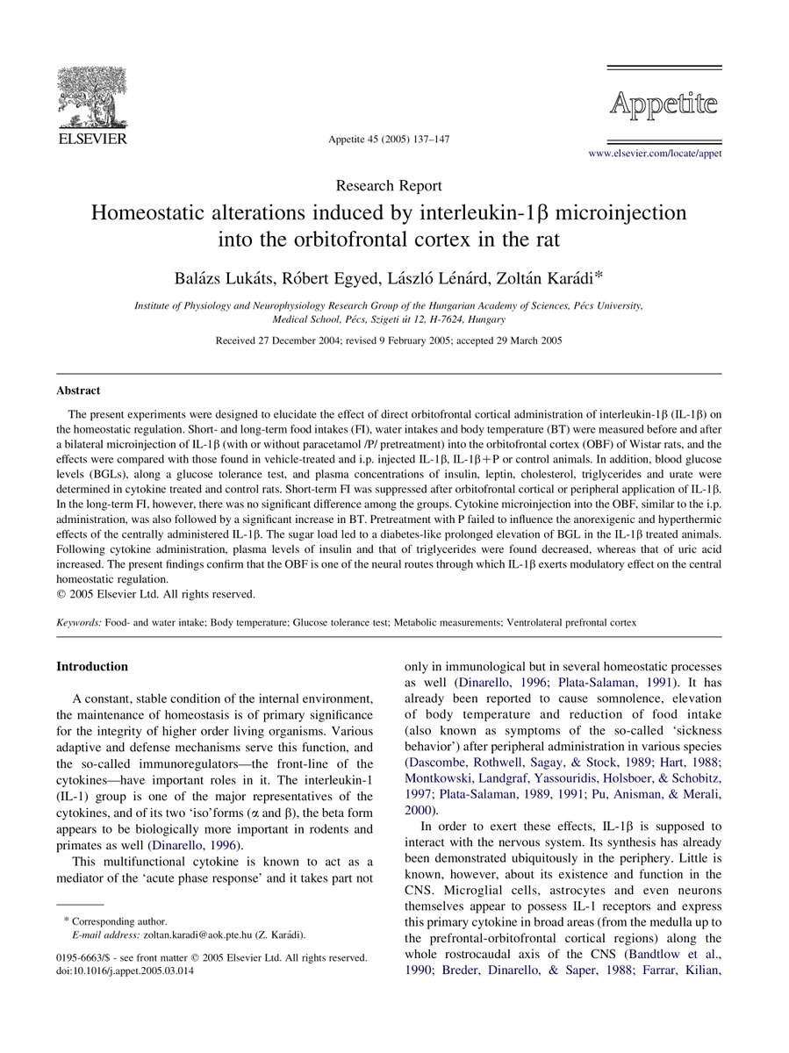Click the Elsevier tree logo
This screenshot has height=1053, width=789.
click(91, 94)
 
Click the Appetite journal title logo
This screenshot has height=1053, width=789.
click(663, 105)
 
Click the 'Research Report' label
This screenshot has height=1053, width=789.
click(389, 185)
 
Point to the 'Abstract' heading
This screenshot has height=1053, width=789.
click(78, 390)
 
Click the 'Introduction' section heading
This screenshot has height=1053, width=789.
click(92, 667)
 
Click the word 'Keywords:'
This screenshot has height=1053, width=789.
click(78, 622)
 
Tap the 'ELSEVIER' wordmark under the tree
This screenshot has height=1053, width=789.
click(92, 139)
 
